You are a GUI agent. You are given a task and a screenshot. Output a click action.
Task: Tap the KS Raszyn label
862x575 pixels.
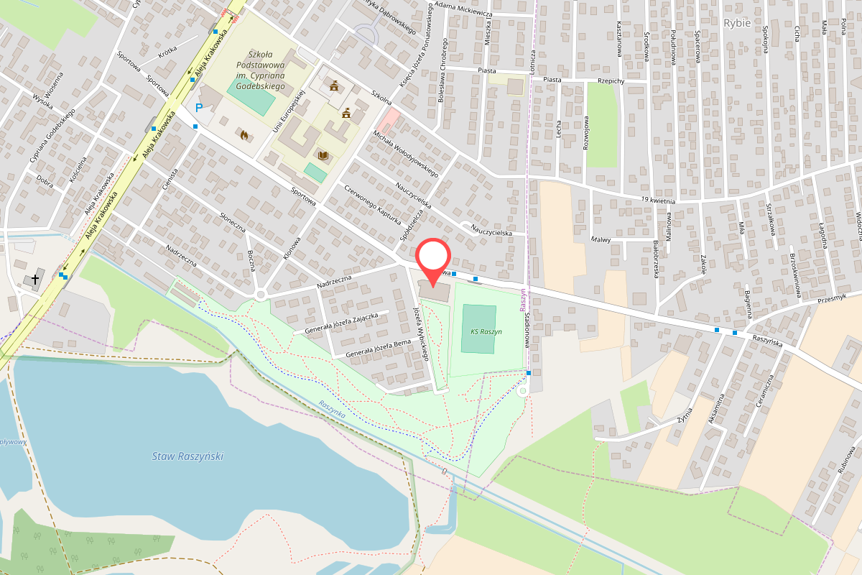point(486,332)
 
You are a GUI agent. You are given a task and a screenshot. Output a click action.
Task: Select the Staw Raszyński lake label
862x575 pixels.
point(188,456)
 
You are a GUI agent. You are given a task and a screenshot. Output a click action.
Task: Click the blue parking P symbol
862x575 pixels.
point(198,108)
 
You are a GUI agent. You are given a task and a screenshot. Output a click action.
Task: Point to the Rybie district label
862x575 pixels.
point(737,23)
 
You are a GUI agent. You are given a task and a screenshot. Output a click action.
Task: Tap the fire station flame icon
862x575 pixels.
point(244,134)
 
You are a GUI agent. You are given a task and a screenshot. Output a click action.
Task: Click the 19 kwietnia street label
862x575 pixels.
point(659,198)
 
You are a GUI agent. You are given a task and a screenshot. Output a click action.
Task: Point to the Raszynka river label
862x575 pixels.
point(333,410)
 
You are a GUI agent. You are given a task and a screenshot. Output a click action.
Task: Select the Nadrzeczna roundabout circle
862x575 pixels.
point(260,295)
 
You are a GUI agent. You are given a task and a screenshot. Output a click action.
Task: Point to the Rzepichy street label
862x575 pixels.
point(608,81)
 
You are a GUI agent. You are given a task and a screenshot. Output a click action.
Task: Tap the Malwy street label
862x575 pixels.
point(600,239)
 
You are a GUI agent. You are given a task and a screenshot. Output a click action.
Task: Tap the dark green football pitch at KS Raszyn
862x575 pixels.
point(478,328)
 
